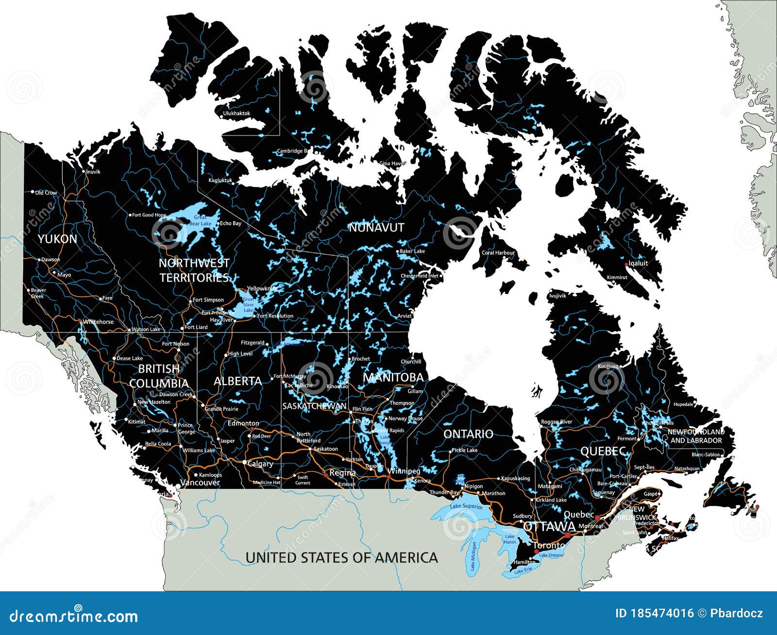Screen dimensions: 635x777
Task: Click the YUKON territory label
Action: point(57,239)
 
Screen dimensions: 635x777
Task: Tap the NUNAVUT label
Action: point(376,227)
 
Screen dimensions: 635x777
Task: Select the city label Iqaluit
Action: point(638,263)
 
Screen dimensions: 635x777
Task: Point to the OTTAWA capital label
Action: point(549,527)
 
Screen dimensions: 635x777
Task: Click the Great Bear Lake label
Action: point(200,220)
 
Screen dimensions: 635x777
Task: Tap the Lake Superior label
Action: point(466,506)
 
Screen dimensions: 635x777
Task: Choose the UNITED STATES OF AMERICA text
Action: point(341,557)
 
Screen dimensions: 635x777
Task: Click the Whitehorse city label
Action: point(98,321)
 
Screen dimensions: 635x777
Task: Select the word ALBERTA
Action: point(237,381)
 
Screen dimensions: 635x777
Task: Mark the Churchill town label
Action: point(411,362)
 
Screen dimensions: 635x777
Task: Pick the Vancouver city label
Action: point(200,483)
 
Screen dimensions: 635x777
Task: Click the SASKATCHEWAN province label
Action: point(314,406)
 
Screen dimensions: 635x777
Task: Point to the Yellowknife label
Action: point(262,288)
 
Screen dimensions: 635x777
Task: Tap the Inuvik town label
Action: point(93,171)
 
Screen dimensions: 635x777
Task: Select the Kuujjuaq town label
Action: point(608,366)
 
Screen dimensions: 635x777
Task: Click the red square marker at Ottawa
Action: point(567,535)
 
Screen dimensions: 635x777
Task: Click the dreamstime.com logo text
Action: point(74,616)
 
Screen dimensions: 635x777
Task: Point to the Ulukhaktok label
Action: point(236,114)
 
